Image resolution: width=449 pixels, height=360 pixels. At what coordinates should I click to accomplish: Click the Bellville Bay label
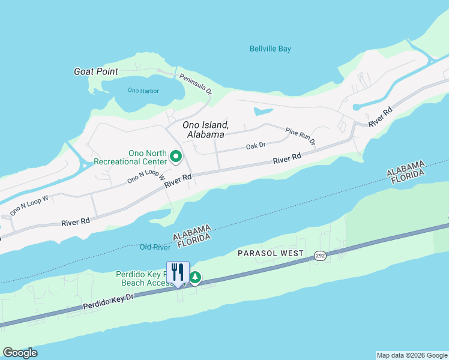tap(270, 49)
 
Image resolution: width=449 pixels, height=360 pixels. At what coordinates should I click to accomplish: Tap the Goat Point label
tap(95, 71)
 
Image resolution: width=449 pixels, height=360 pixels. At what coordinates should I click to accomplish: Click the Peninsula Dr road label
tap(196, 84)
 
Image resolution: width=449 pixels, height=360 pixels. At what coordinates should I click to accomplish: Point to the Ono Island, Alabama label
tap(206, 130)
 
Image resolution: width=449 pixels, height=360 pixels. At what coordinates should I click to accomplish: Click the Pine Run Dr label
tap(300, 136)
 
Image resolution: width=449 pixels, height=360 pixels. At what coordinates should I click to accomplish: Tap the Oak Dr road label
tap(256, 146)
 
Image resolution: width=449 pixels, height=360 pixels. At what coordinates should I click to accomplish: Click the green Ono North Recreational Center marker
tap(176, 157)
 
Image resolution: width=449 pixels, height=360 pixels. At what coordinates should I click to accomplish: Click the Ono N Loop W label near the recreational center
tap(146, 176)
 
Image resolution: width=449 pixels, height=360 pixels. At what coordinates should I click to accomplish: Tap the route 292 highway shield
tap(319, 256)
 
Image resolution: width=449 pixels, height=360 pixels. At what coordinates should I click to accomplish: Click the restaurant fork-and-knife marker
tap(178, 272)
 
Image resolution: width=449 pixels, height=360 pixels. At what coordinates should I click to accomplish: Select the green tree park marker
tap(195, 277)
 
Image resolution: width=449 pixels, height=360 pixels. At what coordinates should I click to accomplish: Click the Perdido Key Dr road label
tap(108, 301)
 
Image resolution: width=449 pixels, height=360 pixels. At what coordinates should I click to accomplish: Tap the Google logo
tap(20, 352)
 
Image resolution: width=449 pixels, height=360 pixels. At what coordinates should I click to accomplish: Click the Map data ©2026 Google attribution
tap(412, 355)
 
